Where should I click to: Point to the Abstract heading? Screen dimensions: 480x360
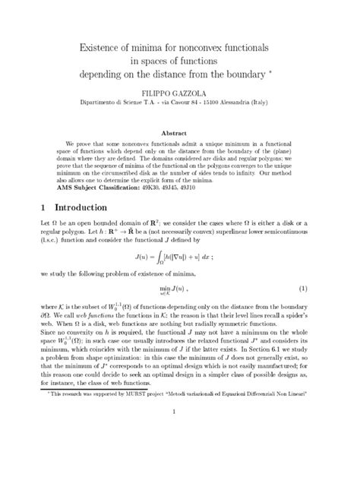pyautogui.click(x=179, y=132)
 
